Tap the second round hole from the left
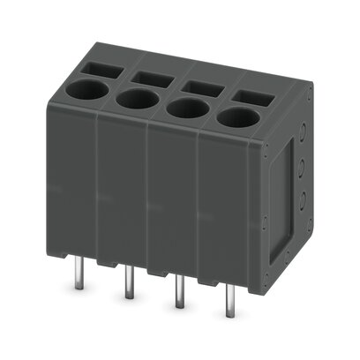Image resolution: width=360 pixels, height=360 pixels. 135,98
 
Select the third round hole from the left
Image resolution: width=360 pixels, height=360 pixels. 184,108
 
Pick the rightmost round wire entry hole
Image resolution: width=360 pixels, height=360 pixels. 235,117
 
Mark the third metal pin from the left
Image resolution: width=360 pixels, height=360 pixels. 179,292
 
